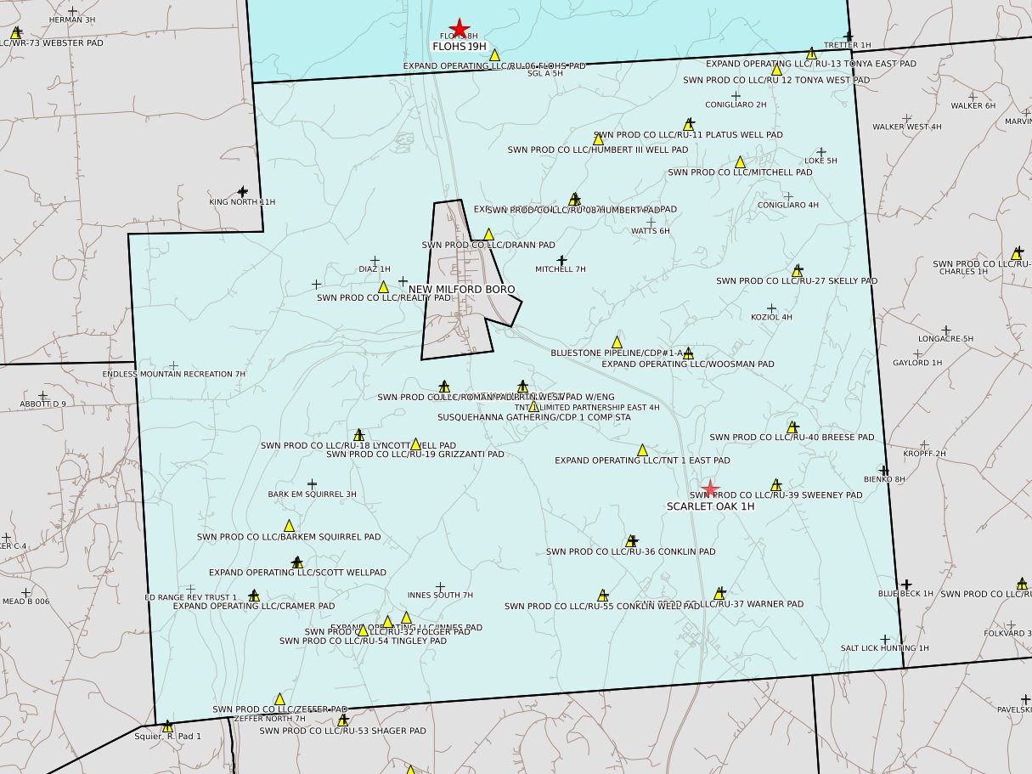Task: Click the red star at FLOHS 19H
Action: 459,28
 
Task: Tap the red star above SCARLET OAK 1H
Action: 711,489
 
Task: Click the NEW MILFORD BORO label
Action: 461,289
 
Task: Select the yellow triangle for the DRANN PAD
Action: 488,234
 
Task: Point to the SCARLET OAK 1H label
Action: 710,506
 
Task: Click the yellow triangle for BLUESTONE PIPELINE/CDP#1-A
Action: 618,342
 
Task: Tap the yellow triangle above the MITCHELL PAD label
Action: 740,161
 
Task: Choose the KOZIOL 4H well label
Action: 771,318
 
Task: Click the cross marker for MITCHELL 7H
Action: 561,260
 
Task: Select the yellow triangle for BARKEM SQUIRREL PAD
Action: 289,526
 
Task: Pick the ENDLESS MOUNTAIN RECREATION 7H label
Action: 174,374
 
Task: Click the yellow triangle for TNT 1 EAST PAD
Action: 642,450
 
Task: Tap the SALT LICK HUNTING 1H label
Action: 884,648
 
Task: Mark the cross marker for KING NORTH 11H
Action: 243,191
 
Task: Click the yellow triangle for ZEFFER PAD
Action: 279,698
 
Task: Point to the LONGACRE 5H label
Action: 945,339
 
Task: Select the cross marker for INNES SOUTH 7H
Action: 440,586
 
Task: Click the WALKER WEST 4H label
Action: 906,127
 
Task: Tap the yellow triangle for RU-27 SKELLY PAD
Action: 797,271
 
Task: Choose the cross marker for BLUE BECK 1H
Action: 906,585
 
